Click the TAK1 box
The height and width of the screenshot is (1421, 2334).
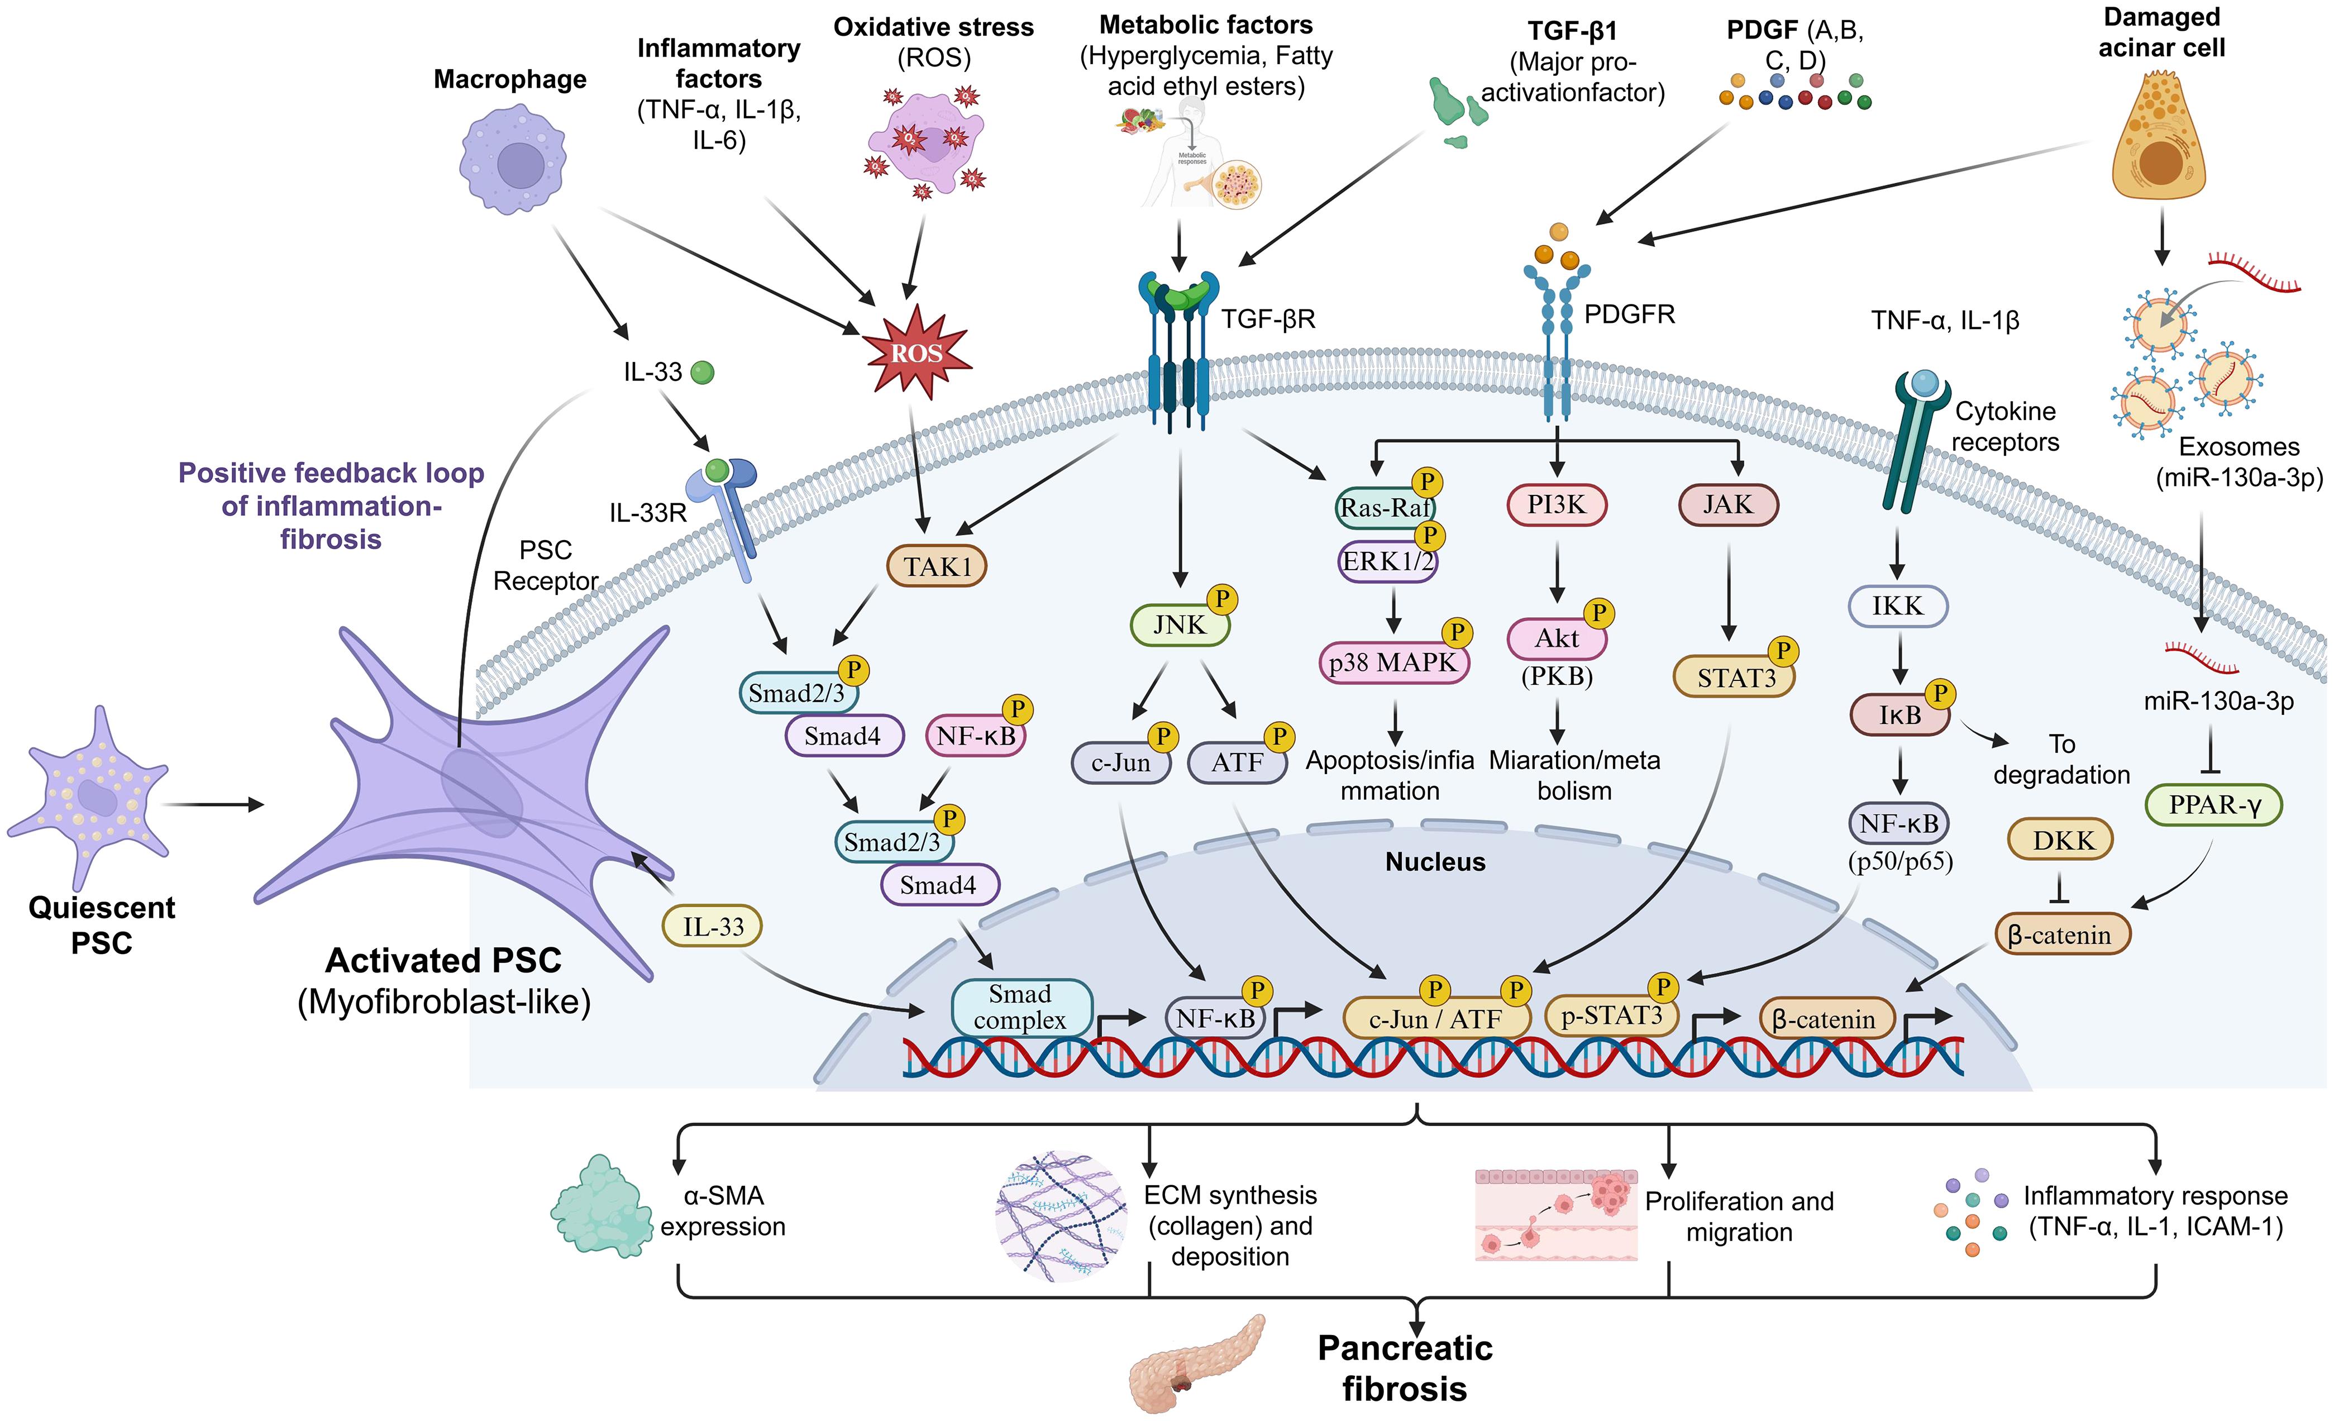pyautogui.click(x=936, y=566)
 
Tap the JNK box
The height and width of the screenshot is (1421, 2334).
pyautogui.click(x=1180, y=625)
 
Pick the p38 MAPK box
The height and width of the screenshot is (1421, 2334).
pyautogui.click(x=1392, y=663)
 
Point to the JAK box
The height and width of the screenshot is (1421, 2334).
pyautogui.click(x=1728, y=505)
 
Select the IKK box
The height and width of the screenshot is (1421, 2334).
pyautogui.click(x=1897, y=606)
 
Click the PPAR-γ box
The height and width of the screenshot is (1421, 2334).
pyautogui.click(x=2214, y=805)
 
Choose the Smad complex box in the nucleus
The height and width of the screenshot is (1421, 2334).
pyautogui.click(x=1020, y=1007)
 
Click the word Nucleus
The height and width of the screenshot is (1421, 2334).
pyautogui.click(x=1435, y=862)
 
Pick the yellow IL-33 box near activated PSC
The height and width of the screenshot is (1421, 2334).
pyautogui.click(x=713, y=927)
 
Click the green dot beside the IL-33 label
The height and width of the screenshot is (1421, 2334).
pyautogui.click(x=702, y=373)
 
